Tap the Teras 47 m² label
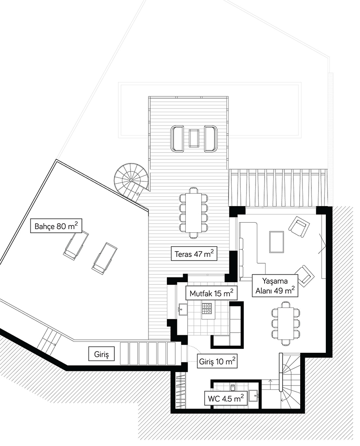(x=194, y=253)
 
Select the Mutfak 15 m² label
(x=211, y=293)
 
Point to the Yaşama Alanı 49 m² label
(x=274, y=286)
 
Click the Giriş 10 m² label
(x=217, y=361)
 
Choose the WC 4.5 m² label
(x=226, y=398)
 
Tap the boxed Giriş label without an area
(x=102, y=354)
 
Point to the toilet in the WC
(x=232, y=387)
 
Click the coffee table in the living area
(x=277, y=242)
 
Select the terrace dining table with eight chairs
(x=193, y=212)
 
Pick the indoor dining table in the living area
(x=285, y=323)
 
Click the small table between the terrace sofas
(x=194, y=138)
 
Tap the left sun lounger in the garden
(x=75, y=245)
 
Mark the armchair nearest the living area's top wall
(x=299, y=226)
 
